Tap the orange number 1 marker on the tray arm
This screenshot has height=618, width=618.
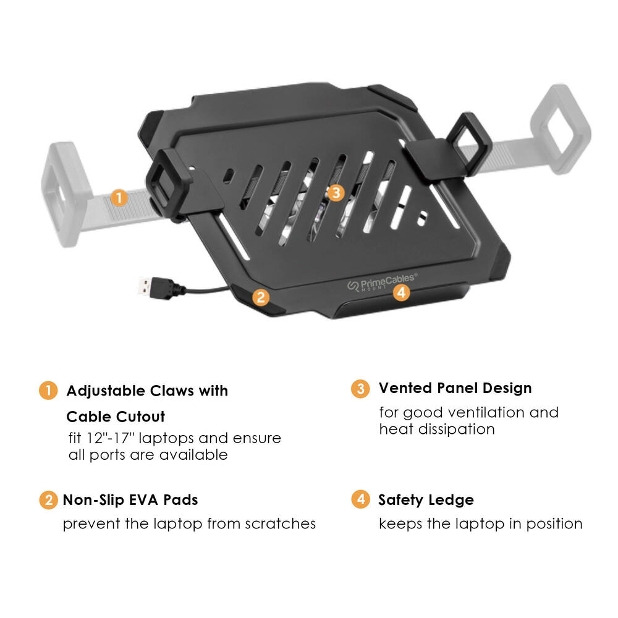pos(119,198)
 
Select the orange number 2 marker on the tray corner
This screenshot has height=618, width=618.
pos(261,297)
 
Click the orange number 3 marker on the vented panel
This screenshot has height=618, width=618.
pos(335,193)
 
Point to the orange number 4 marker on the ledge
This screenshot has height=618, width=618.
pos(402,292)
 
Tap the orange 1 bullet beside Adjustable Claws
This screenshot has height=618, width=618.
pos(48,391)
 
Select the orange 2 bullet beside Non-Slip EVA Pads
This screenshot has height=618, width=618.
pos(48,500)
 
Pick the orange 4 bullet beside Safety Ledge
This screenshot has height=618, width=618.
pos(360,499)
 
